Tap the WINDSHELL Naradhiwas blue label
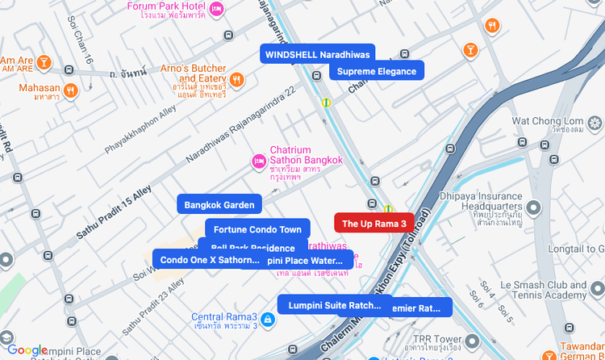317,54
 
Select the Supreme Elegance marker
377,71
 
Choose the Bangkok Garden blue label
219,205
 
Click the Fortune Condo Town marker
257,229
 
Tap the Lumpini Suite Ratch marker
329,304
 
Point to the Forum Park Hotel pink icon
216,9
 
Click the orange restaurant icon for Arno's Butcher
236,79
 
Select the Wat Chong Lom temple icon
595,123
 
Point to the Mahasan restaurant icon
71,90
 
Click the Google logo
27,350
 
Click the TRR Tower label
440,340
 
